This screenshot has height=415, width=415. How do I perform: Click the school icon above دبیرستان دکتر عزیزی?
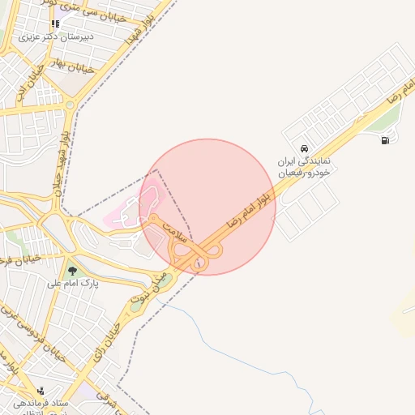click(55, 24)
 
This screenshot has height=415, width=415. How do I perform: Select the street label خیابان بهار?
click(78, 66)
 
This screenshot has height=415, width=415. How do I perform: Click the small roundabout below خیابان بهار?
click(71, 105)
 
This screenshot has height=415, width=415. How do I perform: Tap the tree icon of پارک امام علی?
click(73, 270)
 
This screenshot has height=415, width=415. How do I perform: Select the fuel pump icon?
click(384, 139)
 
